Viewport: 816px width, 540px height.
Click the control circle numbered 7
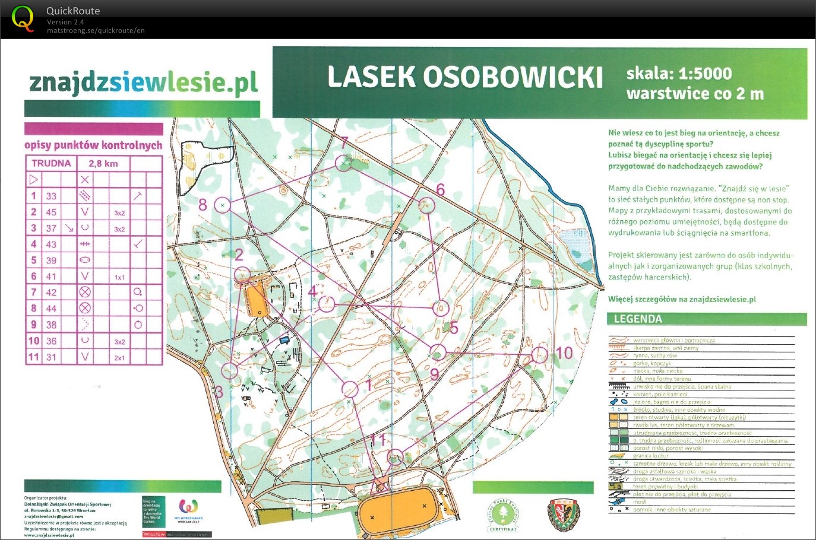(343, 163)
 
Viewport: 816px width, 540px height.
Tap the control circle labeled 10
(539, 355)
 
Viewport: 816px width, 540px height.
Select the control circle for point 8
(222, 205)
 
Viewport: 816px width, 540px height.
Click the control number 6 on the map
(440, 189)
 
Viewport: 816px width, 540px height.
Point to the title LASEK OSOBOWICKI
(465, 78)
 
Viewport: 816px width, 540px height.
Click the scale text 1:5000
(705, 74)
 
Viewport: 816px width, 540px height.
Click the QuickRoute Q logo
(23, 18)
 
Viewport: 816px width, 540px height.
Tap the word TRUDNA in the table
(51, 163)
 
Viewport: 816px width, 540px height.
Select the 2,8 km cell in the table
(103, 163)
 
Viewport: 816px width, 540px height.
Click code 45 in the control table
(52, 212)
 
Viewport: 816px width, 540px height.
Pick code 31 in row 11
(52, 357)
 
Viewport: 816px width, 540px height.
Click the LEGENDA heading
(637, 319)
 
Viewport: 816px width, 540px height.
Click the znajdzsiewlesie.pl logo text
(143, 83)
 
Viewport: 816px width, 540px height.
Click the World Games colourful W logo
(188, 507)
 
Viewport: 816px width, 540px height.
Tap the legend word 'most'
(639, 502)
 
